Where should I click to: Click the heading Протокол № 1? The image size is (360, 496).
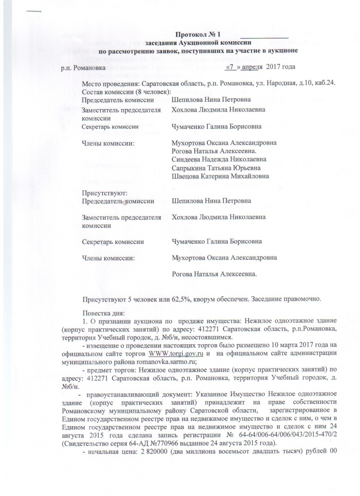click(x=198, y=34)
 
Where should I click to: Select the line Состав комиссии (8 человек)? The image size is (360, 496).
click(x=127, y=92)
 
